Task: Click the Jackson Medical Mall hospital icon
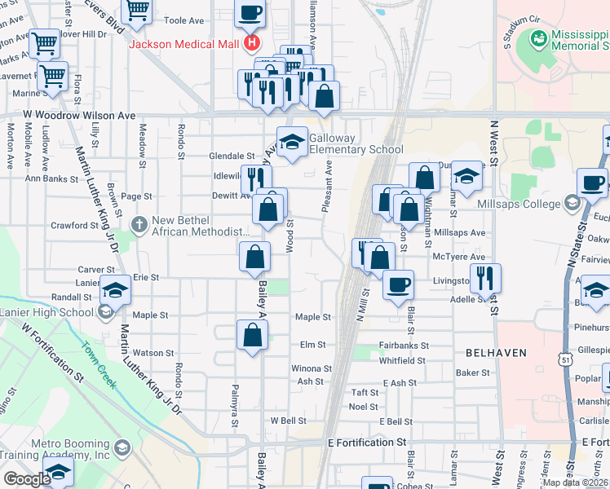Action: pos(253,42)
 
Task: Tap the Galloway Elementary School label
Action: pos(356,143)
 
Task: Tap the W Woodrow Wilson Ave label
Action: pos(79,116)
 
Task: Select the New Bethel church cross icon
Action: pos(139,222)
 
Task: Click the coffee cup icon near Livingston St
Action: pos(399,285)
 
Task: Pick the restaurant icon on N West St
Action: pos(486,278)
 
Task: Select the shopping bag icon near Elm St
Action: pos(253,334)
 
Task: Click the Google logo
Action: pos(27,478)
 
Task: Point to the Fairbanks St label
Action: pos(404,346)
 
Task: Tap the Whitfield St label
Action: pos(402,360)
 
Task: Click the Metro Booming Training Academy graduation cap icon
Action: pos(122,447)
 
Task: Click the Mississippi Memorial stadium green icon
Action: pos(538,38)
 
